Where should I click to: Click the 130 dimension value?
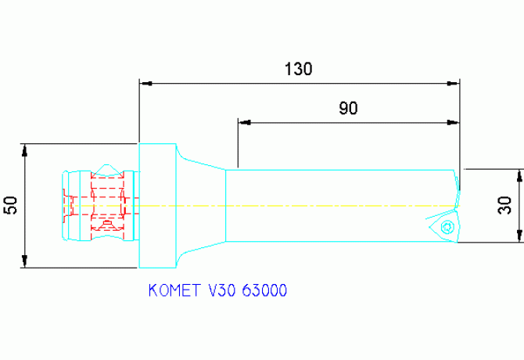coord(298,69)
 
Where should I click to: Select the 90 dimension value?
coord(348,109)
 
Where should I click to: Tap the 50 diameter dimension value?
coord(11,206)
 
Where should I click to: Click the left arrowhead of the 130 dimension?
coord(145,82)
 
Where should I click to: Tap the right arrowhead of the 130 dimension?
coord(453,82)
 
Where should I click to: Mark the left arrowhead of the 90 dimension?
coord(244,122)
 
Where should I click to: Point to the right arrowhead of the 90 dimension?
coord(453,122)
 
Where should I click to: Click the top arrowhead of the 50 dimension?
coord(25,149)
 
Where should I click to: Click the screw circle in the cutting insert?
coord(447,228)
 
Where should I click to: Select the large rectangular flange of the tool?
coord(156,206)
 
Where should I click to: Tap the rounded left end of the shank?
coord(63,206)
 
